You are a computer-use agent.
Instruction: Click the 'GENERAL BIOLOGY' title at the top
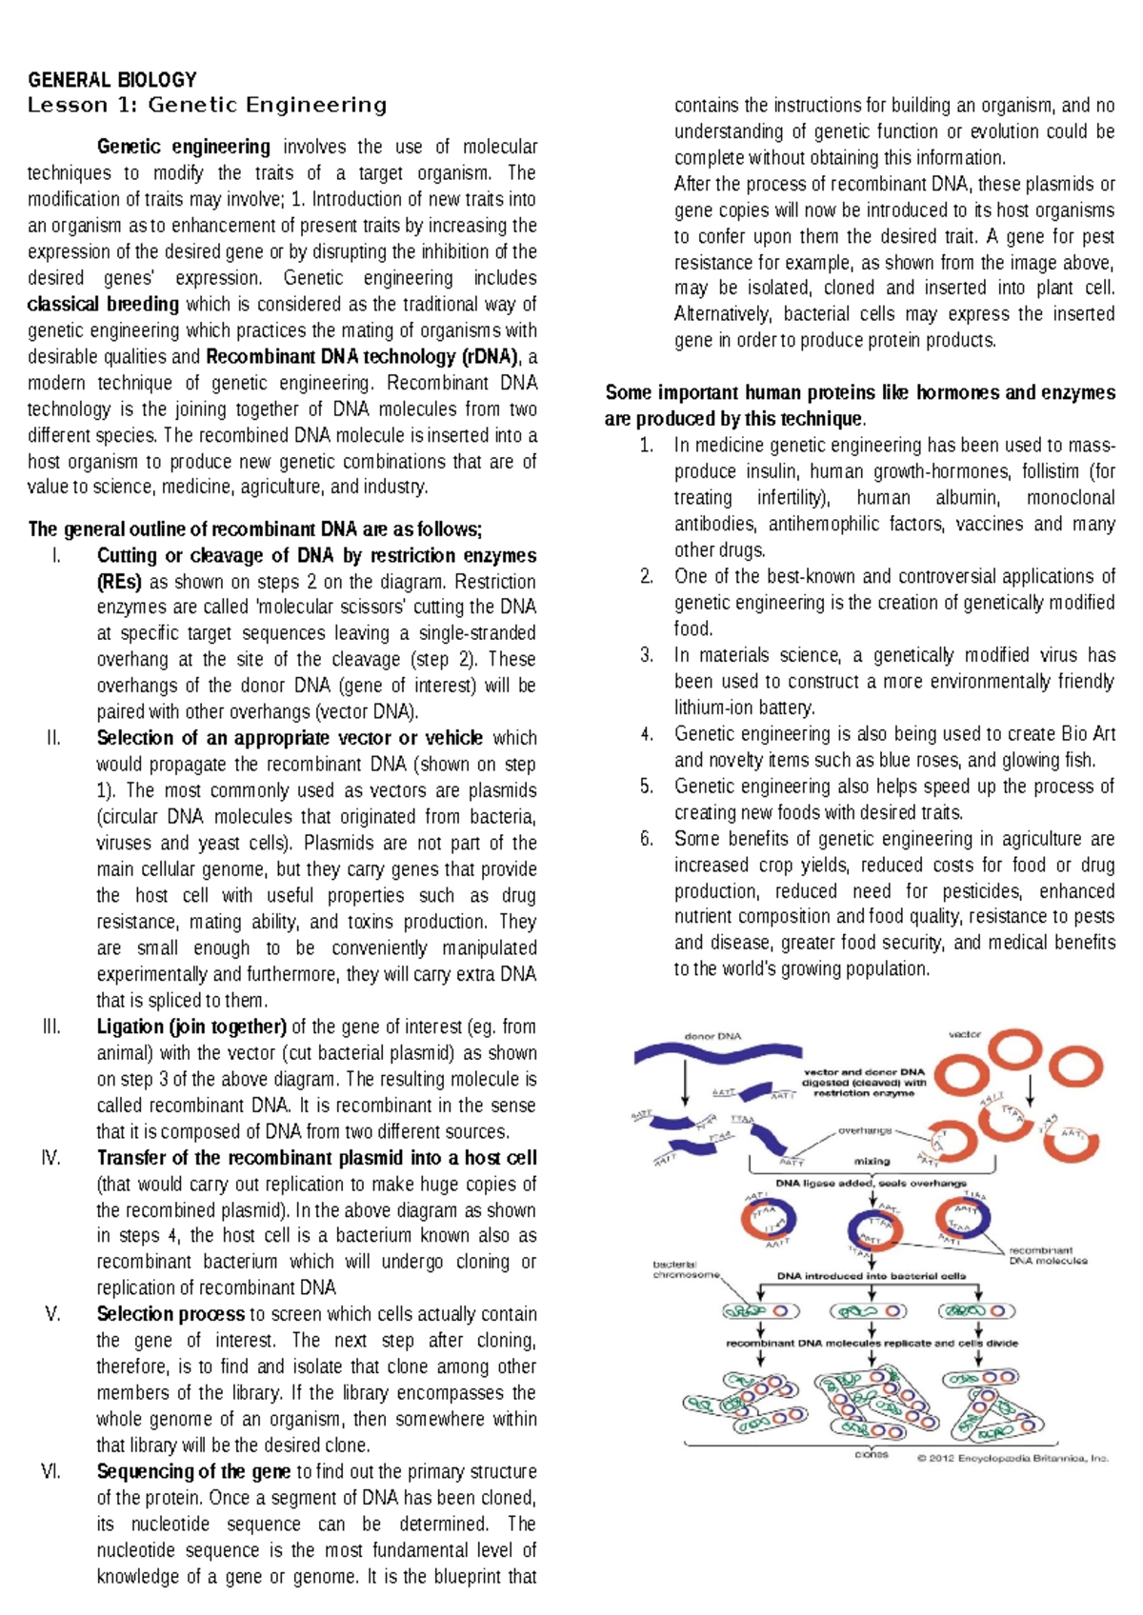[x=111, y=79]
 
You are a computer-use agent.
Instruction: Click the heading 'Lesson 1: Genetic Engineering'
[x=207, y=105]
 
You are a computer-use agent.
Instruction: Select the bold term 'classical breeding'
[x=103, y=304]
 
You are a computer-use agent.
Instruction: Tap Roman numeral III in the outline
[x=51, y=1027]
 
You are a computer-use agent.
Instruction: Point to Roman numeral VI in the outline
[x=51, y=1471]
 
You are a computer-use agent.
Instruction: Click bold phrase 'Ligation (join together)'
[x=191, y=1027]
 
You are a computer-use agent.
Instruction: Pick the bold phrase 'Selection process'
[x=170, y=1314]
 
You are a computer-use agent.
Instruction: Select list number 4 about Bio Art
[x=647, y=734]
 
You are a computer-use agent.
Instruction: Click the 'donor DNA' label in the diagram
[x=712, y=1036]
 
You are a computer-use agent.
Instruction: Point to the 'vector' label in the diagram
[x=964, y=1034]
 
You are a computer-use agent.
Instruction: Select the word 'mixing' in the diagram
[x=872, y=1161]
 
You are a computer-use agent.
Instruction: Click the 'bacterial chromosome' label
[x=685, y=1269]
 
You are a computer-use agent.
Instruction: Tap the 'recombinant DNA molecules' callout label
[x=1047, y=1255]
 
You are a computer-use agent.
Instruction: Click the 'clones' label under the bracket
[x=871, y=1454]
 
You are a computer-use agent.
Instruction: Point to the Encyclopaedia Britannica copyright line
[x=1012, y=1458]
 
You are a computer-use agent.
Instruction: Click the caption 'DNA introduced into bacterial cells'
[x=871, y=1276]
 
